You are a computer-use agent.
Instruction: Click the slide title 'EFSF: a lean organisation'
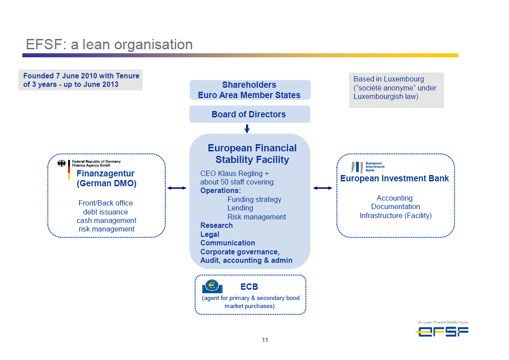109,44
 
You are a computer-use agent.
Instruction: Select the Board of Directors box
250,114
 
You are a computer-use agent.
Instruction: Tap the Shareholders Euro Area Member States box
250,90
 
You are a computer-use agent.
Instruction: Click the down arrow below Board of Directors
247,129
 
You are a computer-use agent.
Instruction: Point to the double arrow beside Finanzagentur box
177,188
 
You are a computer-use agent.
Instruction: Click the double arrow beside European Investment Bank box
323,188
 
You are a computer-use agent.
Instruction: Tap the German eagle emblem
62,163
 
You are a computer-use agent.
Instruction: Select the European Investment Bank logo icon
357,167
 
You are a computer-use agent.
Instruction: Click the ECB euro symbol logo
212,287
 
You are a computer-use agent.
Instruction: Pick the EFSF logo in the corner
443,329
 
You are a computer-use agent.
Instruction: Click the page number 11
265,340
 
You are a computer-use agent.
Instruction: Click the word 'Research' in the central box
216,225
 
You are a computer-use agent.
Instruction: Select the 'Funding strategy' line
254,199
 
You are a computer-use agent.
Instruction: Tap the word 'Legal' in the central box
210,234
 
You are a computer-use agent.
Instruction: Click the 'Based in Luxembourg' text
389,79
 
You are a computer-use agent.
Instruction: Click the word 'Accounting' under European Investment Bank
395,198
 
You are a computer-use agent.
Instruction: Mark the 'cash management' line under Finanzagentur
107,221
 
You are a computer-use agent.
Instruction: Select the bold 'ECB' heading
249,287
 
